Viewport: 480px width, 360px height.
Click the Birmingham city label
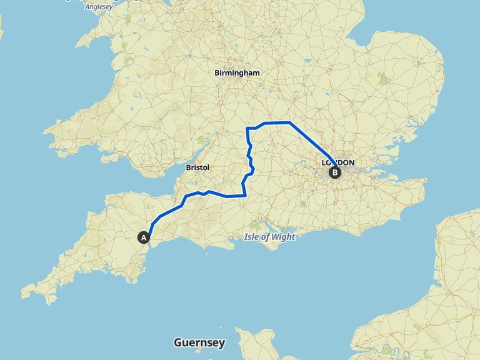pos(237,73)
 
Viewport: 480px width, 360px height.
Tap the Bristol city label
pos(197,167)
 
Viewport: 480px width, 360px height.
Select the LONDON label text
pos(338,162)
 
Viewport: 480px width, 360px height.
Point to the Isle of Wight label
pos(269,236)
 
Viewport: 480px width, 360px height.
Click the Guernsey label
pos(199,342)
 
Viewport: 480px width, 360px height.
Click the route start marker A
pos(144,237)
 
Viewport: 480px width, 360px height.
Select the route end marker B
pos(335,172)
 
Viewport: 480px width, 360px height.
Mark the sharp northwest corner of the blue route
pos(248,129)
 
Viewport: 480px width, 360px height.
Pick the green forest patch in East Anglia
pos(382,77)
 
